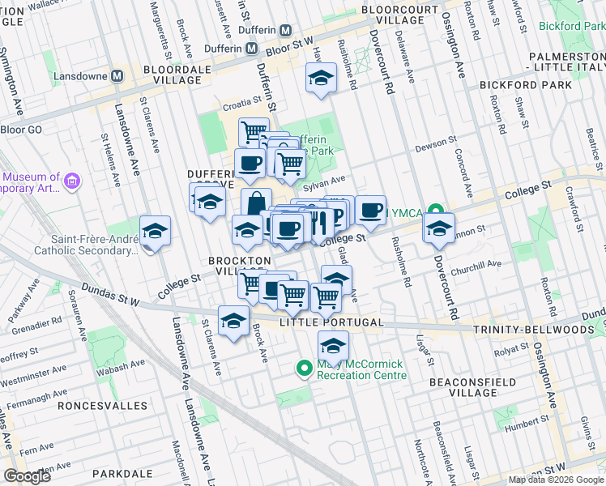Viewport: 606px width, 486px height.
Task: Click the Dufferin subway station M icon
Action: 285,30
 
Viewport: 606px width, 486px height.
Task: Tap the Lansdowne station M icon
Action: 117,75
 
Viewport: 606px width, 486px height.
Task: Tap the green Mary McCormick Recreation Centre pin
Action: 305,369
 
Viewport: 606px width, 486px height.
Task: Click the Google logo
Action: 27,476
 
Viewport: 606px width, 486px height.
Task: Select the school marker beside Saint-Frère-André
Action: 155,232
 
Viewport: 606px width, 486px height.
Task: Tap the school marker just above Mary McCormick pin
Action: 333,347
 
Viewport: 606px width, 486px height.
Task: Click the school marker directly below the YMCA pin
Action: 438,229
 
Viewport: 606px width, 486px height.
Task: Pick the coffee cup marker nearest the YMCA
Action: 370,211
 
